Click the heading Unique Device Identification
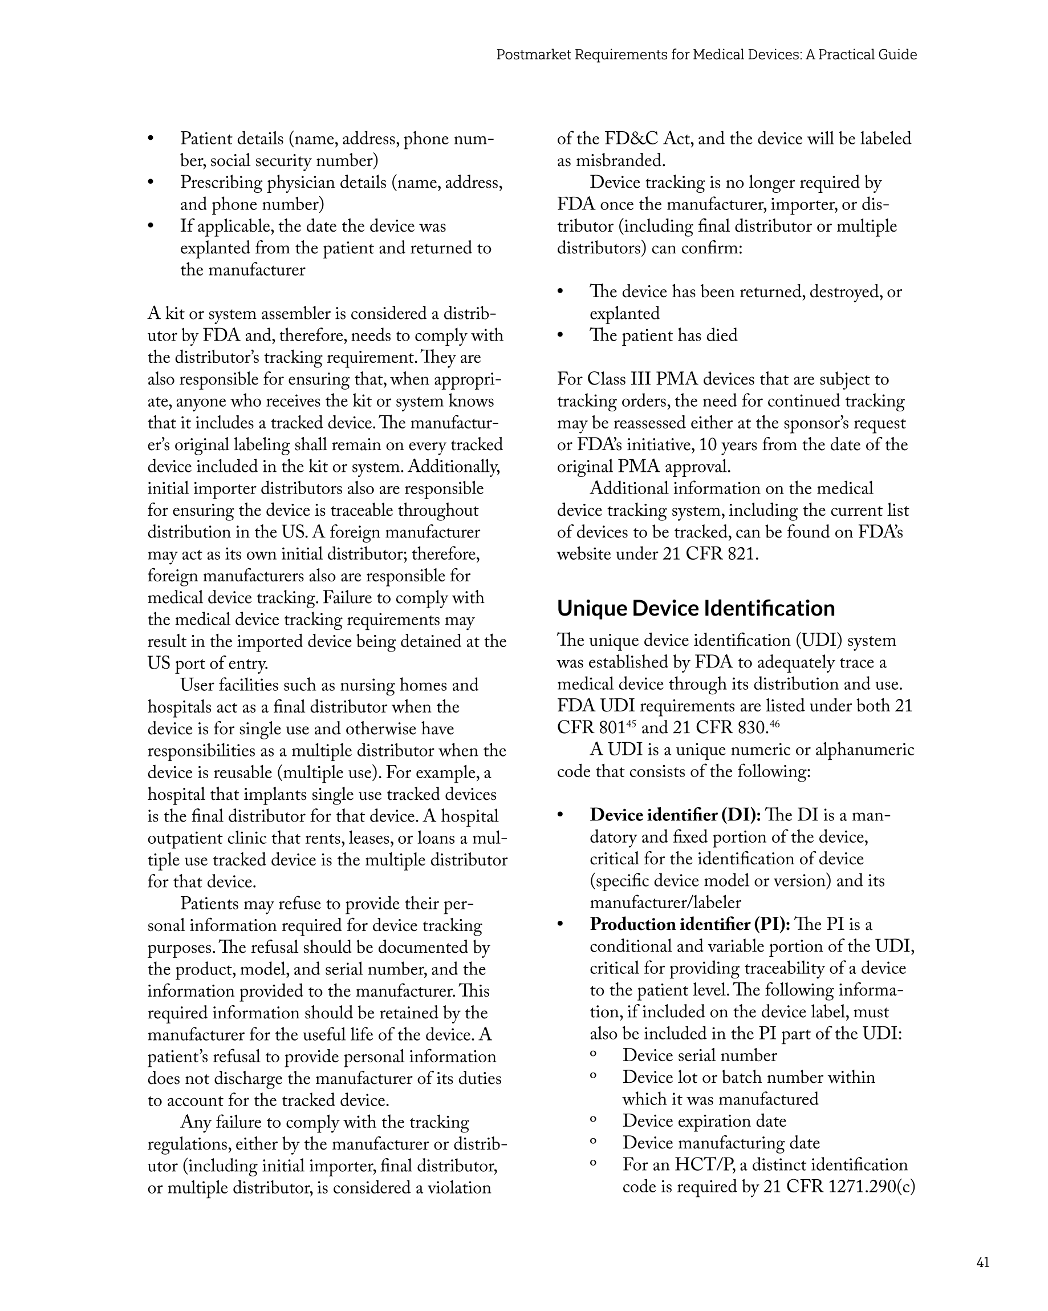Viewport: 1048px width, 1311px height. pos(696,608)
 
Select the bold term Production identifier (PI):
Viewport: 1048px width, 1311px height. pos(689,925)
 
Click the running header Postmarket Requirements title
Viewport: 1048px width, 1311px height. pos(706,55)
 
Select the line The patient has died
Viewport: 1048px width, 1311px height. pos(663,335)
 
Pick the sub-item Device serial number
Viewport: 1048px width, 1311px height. pos(699,1056)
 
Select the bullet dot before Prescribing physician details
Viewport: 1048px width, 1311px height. pos(151,183)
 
